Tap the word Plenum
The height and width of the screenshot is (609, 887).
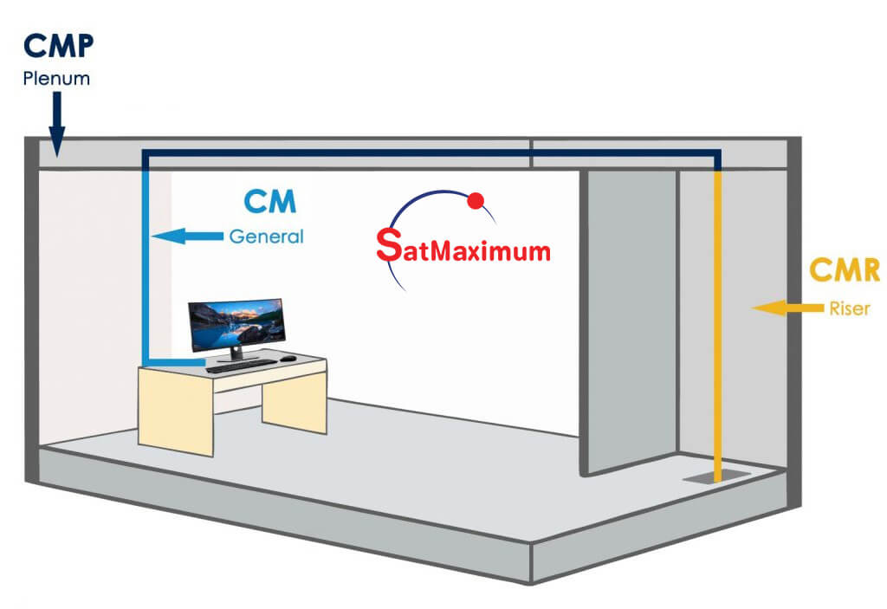pyautogui.click(x=56, y=80)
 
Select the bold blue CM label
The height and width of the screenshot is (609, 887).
pyautogui.click(x=269, y=201)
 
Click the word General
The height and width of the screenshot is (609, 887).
pyautogui.click(x=266, y=236)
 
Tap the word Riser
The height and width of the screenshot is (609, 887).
pyautogui.click(x=847, y=308)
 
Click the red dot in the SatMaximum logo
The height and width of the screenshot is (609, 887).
pyautogui.click(x=475, y=201)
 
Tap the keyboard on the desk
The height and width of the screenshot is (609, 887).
pyautogui.click(x=242, y=366)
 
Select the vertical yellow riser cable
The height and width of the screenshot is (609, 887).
pyautogui.click(x=717, y=329)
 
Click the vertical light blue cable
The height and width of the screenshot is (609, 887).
pyautogui.click(x=146, y=260)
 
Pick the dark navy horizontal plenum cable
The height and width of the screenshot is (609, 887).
pyautogui.click(x=433, y=154)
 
